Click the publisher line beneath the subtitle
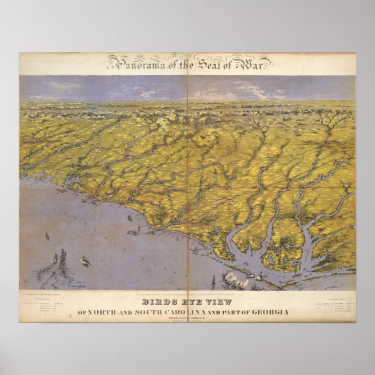click(187, 319)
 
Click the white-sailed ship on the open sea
click(86, 261)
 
